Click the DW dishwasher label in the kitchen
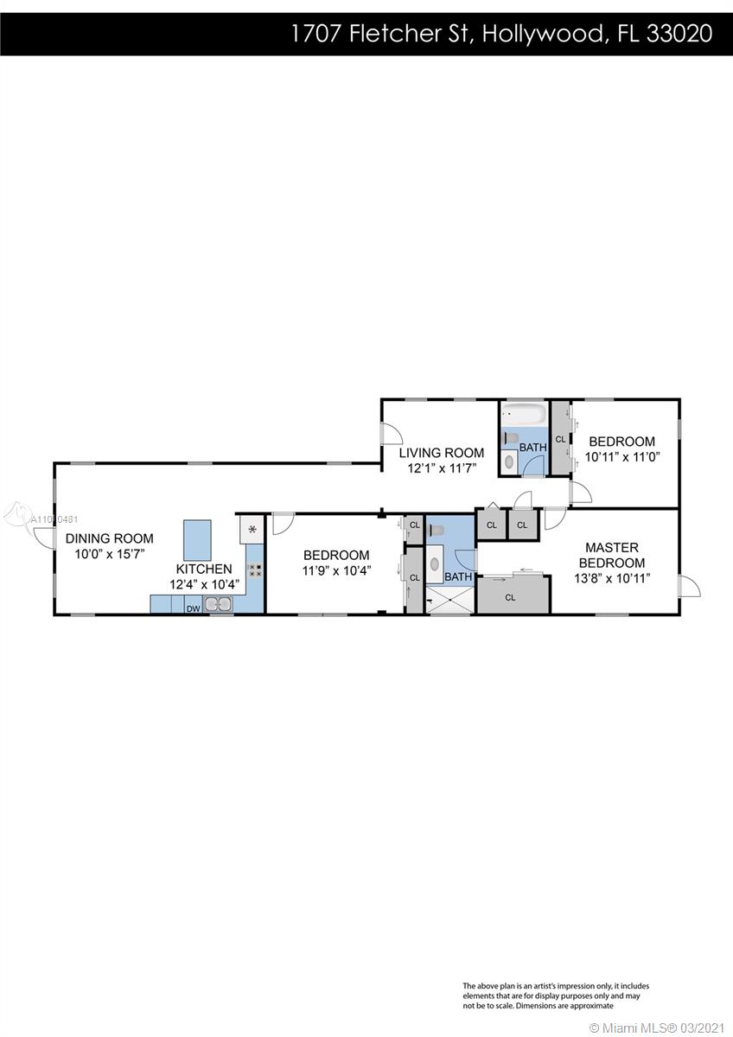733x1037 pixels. click(x=193, y=608)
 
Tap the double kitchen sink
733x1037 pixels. click(x=218, y=604)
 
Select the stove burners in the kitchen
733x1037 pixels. click(x=254, y=569)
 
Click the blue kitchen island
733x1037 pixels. click(x=197, y=540)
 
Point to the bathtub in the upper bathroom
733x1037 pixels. click(x=525, y=414)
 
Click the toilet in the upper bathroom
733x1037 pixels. click(x=510, y=438)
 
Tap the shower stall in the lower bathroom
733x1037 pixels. click(x=449, y=601)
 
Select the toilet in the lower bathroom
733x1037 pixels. click(x=437, y=530)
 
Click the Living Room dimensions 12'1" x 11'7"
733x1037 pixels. click(x=442, y=468)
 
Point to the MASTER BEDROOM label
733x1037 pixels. click(x=612, y=555)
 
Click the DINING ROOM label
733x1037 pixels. click(x=109, y=538)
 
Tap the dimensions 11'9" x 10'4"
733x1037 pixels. click(x=336, y=571)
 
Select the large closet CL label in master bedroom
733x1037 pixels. click(x=510, y=598)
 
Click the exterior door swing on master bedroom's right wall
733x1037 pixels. click(x=690, y=586)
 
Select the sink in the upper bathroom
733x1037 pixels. click(x=510, y=461)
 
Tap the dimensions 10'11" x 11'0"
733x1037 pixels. click(x=621, y=457)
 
